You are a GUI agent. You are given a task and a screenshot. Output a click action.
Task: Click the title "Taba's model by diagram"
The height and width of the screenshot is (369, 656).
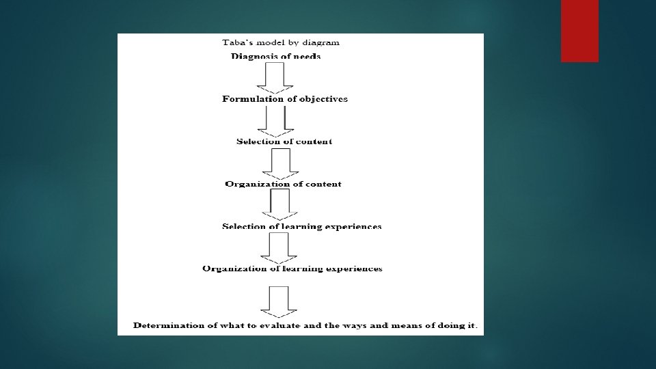click(x=281, y=42)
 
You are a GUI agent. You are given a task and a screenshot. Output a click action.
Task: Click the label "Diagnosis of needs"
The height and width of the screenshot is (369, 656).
click(x=276, y=56)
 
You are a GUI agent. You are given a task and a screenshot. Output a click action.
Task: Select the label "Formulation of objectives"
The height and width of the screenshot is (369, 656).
click(x=285, y=99)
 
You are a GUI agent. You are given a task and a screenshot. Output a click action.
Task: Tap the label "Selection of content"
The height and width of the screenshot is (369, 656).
click(x=284, y=141)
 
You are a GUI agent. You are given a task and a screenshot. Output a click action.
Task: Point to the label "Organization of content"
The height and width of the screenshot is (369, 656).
click(x=284, y=184)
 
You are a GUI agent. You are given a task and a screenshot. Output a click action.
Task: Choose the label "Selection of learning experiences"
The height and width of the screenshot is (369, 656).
click(x=302, y=226)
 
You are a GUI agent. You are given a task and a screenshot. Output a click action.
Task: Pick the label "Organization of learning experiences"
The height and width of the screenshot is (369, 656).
click(x=292, y=269)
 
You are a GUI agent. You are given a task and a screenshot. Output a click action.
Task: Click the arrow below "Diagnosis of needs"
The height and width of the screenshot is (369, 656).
click(x=275, y=77)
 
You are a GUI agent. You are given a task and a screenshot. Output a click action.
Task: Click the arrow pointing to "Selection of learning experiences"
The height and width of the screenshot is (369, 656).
click(x=280, y=204)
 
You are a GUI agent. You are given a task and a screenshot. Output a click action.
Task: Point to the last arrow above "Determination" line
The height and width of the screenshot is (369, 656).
click(x=278, y=301)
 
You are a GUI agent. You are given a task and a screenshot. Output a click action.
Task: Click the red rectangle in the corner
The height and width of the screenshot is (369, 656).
click(x=579, y=30)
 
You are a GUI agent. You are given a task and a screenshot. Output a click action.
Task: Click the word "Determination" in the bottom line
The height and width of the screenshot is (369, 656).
click(x=166, y=325)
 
